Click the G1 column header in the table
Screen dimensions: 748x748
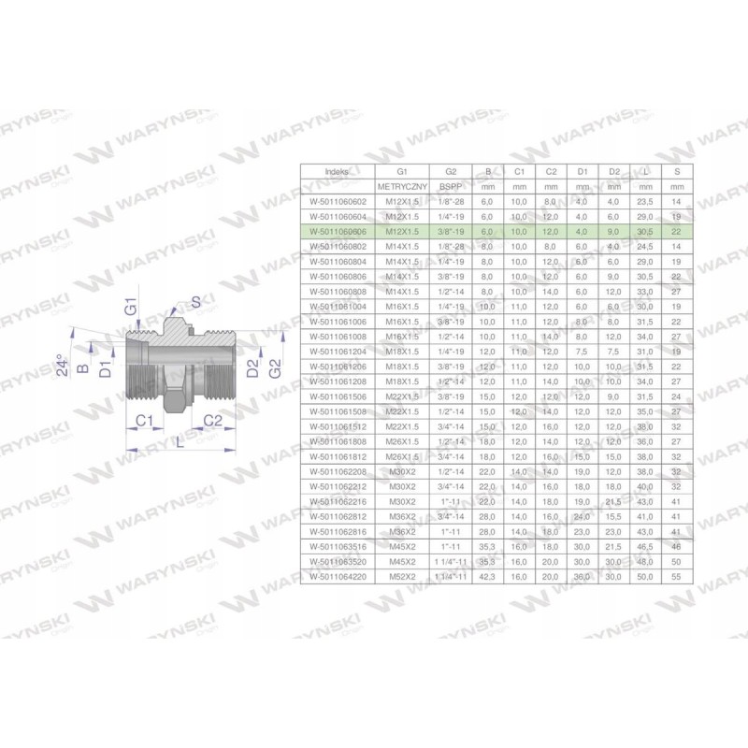click(402, 172)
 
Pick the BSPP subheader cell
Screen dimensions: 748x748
click(451, 187)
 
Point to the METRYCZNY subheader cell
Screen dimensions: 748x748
click(402, 187)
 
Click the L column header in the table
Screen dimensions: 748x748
click(646, 172)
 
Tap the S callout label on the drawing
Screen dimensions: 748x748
click(195, 300)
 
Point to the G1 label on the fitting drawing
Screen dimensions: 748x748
click(132, 306)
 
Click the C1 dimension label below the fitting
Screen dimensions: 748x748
click(143, 421)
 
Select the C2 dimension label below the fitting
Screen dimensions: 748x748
click(212, 421)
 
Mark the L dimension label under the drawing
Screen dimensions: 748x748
click(179, 442)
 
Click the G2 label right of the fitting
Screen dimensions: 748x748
click(274, 366)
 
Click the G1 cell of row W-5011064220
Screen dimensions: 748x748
click(402, 577)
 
